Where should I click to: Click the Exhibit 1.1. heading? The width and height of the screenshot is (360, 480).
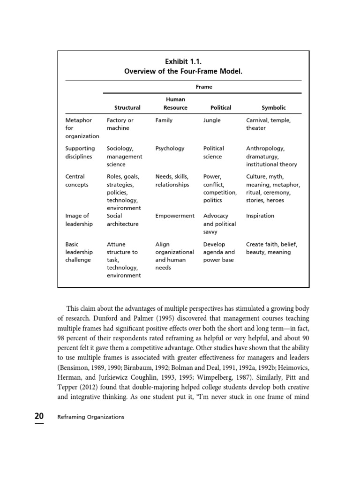pos(183,61)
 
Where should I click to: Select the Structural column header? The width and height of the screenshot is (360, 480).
pos(127,107)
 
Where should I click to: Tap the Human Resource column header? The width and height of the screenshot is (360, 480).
pos(175,104)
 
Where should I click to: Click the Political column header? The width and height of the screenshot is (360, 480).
pos(221,107)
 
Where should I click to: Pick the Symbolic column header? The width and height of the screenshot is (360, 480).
pos(273,107)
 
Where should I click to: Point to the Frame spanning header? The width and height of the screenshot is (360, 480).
pos(204,87)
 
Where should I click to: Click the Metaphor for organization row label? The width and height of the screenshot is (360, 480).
pos(82,128)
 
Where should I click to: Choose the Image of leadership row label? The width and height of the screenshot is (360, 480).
pos(79,220)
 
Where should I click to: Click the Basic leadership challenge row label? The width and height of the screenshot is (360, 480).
pos(79,252)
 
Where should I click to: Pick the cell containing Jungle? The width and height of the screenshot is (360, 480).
pos(212,120)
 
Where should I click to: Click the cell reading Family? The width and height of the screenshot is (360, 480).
pos(164,120)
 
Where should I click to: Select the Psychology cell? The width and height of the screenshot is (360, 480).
pos(170,148)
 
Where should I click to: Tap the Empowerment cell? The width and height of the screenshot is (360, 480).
pos(174,216)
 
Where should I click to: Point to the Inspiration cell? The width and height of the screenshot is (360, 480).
pos(260,216)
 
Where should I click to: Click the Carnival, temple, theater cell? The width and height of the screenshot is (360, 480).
pos(268,124)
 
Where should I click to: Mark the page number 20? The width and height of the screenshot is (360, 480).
pos(39,416)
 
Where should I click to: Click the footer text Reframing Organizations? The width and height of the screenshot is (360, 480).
pos(90,417)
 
